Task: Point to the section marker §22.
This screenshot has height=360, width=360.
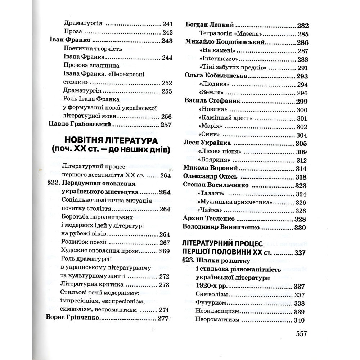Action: pos(53,183)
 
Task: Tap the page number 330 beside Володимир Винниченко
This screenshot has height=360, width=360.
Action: pos(300,228)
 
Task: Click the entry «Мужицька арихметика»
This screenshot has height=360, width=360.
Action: pos(234,202)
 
